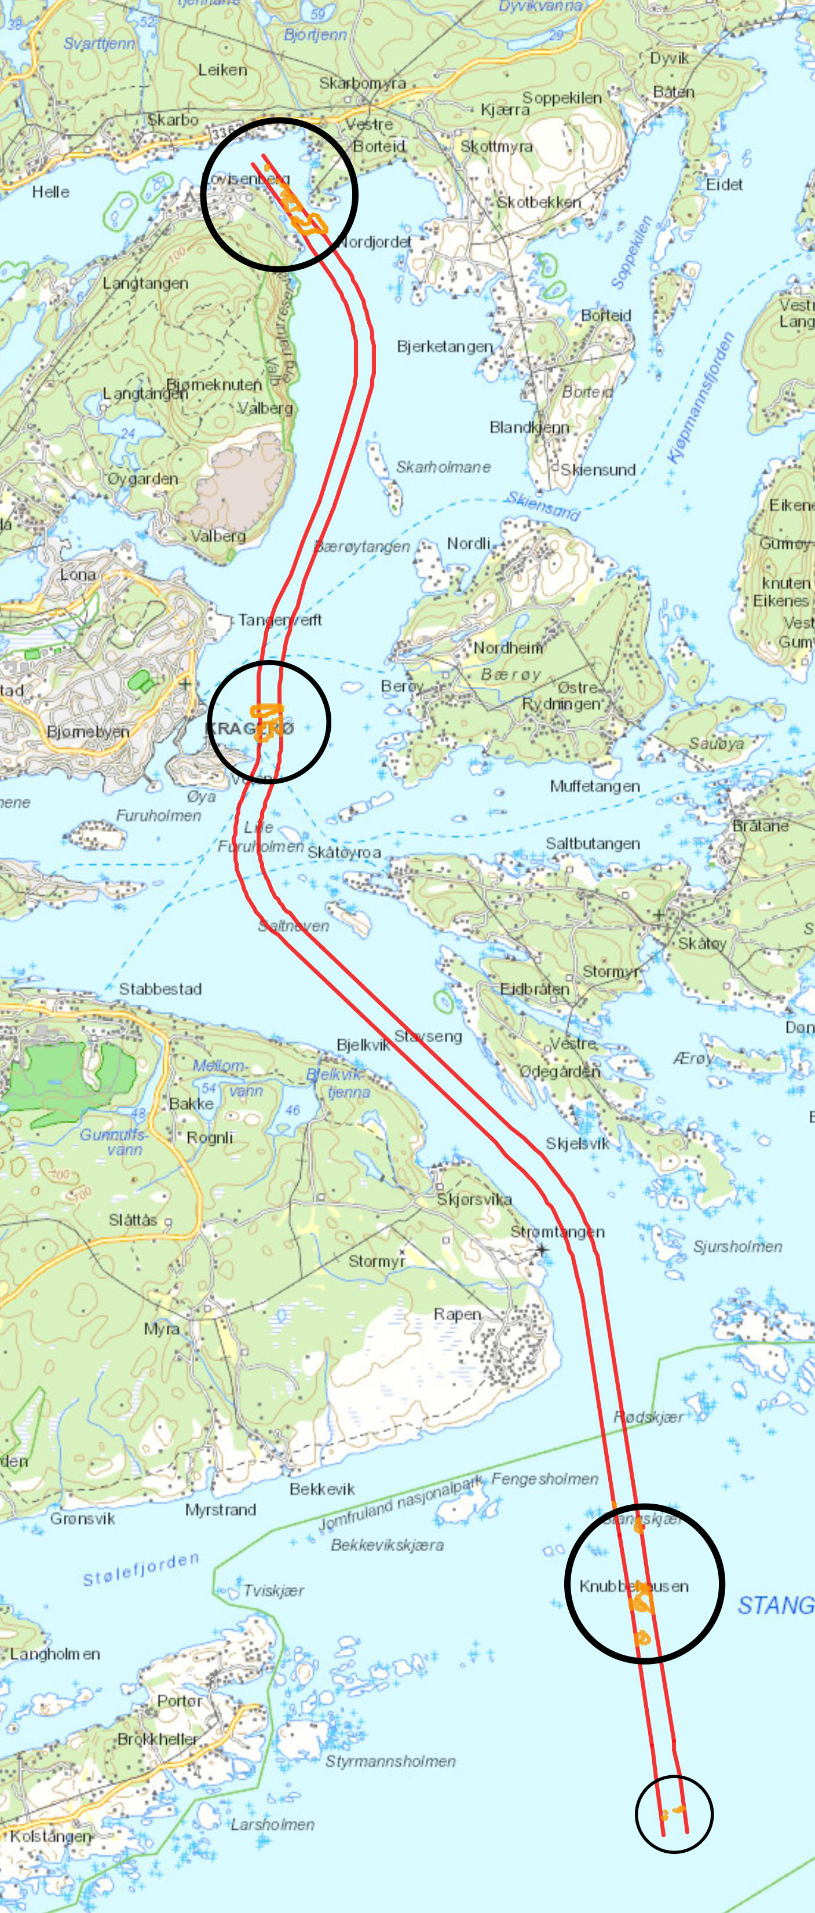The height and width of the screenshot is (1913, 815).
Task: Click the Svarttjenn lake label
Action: tap(99, 43)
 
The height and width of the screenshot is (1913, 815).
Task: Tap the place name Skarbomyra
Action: tap(363, 82)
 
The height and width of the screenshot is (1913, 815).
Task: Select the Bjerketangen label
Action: tap(444, 346)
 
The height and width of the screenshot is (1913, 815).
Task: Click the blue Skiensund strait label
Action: tap(543, 505)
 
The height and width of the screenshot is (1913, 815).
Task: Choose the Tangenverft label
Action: tap(280, 620)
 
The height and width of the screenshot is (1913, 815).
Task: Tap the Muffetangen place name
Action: tap(594, 786)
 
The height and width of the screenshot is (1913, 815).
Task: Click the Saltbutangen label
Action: tap(592, 843)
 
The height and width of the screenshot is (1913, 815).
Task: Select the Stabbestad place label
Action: tap(160, 988)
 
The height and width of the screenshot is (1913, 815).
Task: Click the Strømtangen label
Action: tap(557, 1232)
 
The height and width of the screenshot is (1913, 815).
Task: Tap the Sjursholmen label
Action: tap(737, 1246)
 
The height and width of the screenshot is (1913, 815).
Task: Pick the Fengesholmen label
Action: tap(544, 1479)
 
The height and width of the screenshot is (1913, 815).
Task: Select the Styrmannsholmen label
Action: tap(390, 1761)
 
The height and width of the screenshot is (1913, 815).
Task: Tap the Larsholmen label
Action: tap(272, 1824)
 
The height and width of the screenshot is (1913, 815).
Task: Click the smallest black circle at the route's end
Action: tap(674, 1813)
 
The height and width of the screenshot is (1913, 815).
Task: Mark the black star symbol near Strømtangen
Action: tap(542, 1250)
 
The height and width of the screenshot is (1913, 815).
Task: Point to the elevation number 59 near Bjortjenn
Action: tap(317, 14)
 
